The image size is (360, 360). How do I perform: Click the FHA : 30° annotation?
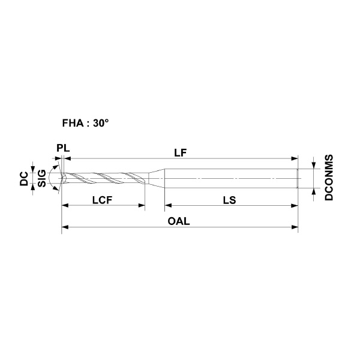click(x=85, y=123)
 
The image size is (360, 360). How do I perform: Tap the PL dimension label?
click(x=63, y=148)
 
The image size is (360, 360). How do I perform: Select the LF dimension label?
click(x=180, y=153)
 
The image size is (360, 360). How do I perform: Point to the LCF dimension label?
click(x=102, y=200)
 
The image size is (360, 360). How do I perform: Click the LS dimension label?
click(x=229, y=200)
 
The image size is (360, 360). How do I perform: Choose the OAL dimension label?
click(x=179, y=221)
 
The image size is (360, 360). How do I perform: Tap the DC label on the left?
click(x=24, y=179)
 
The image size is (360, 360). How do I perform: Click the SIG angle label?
click(x=42, y=178)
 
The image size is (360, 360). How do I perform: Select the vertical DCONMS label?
click(x=329, y=178)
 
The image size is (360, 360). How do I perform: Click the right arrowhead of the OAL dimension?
click(x=295, y=227)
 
